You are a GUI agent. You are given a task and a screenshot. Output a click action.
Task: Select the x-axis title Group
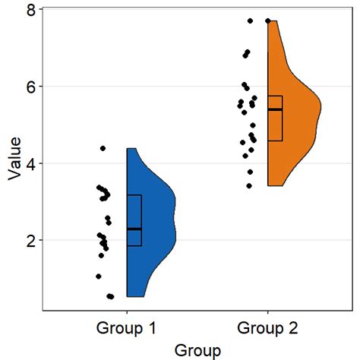click(x=197, y=349)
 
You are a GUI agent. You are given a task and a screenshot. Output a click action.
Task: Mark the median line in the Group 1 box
click(x=134, y=229)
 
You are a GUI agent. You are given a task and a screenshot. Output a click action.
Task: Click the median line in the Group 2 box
click(x=275, y=109)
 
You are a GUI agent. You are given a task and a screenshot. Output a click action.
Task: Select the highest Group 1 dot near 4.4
click(x=103, y=148)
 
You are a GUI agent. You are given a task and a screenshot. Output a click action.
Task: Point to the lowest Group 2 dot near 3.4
click(x=249, y=185)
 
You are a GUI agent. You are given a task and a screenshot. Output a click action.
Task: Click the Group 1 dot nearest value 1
click(x=99, y=276)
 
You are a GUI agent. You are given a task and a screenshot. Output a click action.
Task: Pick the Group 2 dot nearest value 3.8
click(x=251, y=172)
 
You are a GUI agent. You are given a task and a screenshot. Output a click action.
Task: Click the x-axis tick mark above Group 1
click(x=126, y=313)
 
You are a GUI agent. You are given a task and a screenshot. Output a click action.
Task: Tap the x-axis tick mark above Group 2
click(x=267, y=313)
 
